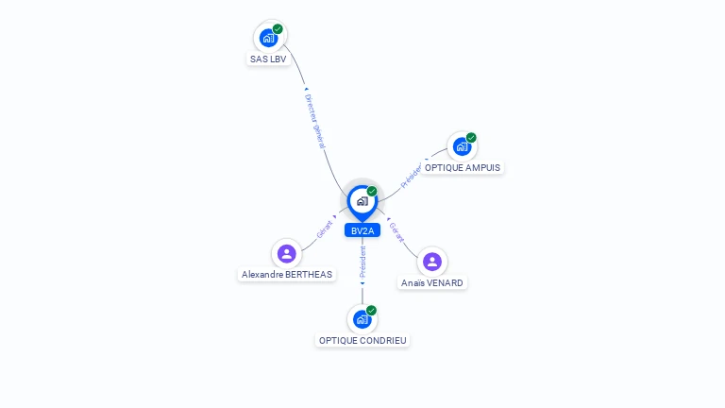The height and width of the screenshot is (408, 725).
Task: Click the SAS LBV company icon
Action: (x=269, y=38)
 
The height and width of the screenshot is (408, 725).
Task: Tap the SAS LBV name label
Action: (x=268, y=59)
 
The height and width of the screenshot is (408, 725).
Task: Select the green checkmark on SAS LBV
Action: (x=278, y=29)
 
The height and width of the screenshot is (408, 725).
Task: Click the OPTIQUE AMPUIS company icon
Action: (x=462, y=146)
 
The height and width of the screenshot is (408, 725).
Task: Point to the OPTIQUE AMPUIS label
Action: (x=463, y=168)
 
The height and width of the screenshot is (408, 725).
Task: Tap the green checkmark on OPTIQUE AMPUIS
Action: (x=471, y=137)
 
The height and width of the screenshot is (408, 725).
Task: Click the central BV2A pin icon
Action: (x=362, y=203)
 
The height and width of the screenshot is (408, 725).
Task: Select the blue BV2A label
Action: (x=362, y=230)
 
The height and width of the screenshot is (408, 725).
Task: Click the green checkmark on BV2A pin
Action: (x=372, y=191)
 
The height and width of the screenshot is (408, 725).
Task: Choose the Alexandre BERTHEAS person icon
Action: (x=287, y=253)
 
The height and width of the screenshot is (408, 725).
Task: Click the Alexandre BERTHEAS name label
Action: (x=287, y=275)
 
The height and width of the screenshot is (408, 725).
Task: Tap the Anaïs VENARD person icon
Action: (x=432, y=262)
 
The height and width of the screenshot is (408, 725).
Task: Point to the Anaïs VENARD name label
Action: (x=431, y=283)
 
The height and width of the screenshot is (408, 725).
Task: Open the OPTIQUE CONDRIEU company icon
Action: (x=362, y=319)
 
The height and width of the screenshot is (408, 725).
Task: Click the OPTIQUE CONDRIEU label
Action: (x=362, y=341)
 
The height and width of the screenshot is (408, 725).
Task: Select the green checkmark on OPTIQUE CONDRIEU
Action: (x=371, y=311)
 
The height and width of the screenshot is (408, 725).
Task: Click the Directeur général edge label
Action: (x=315, y=121)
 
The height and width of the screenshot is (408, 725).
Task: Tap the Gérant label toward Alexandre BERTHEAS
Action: (x=325, y=229)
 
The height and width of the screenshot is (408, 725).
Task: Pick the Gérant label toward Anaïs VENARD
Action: (x=396, y=232)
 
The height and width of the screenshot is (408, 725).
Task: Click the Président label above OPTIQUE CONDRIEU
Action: (x=362, y=262)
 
